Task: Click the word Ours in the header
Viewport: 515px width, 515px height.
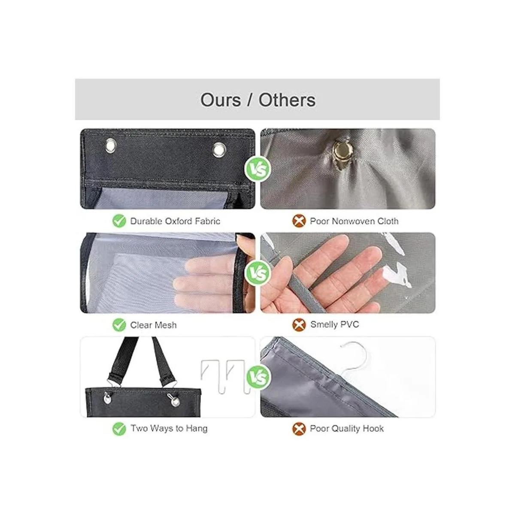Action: [221, 100]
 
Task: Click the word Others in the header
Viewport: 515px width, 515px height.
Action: [287, 100]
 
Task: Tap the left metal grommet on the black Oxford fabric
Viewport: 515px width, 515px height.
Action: [111, 145]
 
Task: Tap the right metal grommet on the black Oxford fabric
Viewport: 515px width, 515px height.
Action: [219, 149]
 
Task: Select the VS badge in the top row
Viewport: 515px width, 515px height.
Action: [257, 169]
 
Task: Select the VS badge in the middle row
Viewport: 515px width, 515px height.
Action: [257, 273]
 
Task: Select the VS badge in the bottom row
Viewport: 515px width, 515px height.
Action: [257, 377]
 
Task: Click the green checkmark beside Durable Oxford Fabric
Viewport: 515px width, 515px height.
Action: [119, 221]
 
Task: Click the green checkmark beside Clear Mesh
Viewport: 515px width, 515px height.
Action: [119, 325]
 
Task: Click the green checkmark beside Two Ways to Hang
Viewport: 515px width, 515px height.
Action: [119, 429]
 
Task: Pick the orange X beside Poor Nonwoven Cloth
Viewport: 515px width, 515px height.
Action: [299, 221]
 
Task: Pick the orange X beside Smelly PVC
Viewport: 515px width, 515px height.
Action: [299, 325]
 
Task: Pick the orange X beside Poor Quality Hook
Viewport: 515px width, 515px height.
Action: [299, 429]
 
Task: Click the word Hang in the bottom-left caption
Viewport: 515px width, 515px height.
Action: [197, 429]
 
